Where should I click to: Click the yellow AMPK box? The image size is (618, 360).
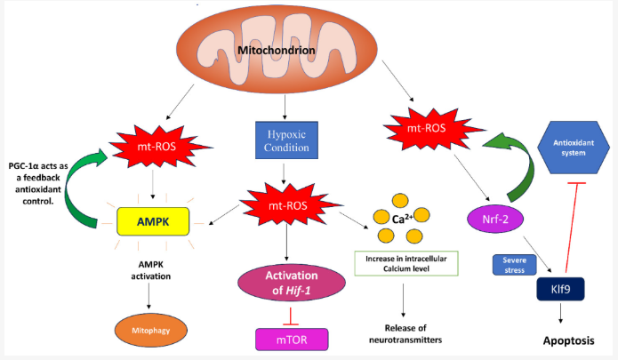(x=153, y=221)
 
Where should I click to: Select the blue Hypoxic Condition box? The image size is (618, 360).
(x=286, y=140)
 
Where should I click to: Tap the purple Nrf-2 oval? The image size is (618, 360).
(x=495, y=219)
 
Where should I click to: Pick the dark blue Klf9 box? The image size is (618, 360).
(x=560, y=289)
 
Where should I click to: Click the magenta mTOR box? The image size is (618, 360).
(x=292, y=340)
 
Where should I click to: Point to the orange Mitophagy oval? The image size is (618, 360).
(x=151, y=331)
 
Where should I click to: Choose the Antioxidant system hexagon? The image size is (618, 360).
(x=574, y=148)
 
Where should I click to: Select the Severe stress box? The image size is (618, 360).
(x=514, y=265)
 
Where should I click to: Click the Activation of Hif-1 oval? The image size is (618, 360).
(x=292, y=283)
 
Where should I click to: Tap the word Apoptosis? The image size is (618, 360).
(x=569, y=340)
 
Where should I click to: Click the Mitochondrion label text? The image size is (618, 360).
(x=277, y=51)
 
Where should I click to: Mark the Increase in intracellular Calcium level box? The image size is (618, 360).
(x=406, y=263)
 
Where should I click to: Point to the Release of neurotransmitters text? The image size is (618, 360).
(x=405, y=333)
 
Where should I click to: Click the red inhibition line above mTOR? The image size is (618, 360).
(x=291, y=316)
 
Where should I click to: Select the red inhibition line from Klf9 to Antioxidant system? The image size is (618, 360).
(x=572, y=228)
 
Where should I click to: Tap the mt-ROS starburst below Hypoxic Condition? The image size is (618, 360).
(x=288, y=205)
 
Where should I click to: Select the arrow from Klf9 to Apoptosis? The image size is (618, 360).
(x=560, y=314)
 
